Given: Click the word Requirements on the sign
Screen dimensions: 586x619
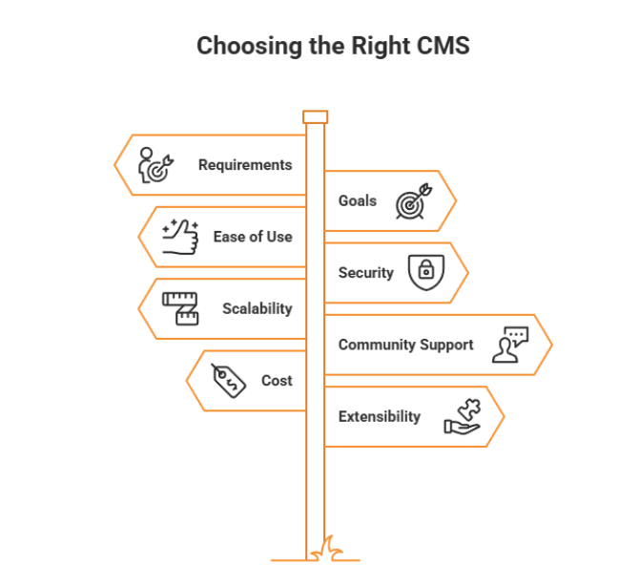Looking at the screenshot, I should coord(245,165).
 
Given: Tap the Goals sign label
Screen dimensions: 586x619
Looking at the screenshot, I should coord(358,201).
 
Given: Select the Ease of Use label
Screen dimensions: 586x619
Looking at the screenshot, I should coord(253,237).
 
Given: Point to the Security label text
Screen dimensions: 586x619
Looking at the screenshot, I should coord(365,273).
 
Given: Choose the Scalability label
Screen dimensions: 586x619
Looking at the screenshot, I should coord(257,309).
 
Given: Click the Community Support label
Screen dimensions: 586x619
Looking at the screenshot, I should coord(405,345).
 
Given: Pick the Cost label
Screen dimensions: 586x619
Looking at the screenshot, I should coord(277,381).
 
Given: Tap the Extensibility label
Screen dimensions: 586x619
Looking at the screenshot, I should coord(379,417).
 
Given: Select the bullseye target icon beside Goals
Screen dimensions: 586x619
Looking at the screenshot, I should coord(413,201).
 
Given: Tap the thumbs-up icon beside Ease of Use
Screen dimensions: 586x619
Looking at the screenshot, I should coord(179,237).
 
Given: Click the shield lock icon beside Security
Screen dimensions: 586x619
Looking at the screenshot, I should coord(425,273).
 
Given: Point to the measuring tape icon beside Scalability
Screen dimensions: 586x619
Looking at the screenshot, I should coord(179,309).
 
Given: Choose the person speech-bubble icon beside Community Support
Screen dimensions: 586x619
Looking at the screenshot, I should coord(508,345).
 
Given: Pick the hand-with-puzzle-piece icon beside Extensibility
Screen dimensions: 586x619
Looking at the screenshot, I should coord(463,417).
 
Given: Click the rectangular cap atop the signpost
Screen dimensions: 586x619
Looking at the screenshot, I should coord(315,116).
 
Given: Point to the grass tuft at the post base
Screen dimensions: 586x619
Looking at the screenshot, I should coord(335,550).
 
